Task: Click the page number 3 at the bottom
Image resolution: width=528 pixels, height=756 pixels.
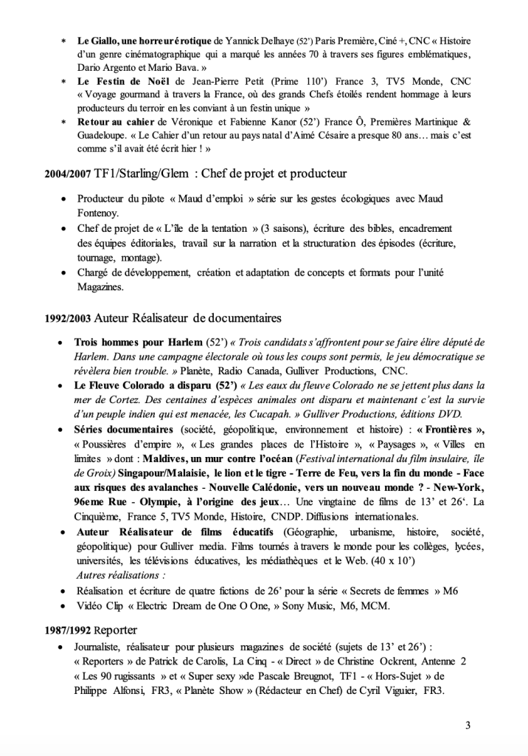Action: click(x=468, y=724)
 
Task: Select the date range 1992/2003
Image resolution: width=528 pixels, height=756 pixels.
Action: click(x=68, y=319)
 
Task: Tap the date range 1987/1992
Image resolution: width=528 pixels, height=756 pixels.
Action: click(x=68, y=630)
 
